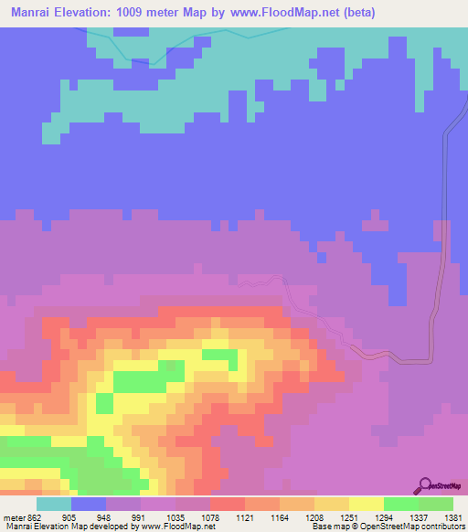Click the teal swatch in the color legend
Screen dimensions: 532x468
(54, 504)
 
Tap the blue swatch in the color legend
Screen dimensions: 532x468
(89, 504)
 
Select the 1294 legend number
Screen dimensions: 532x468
(375, 516)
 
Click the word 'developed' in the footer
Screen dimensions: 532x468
(118, 526)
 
